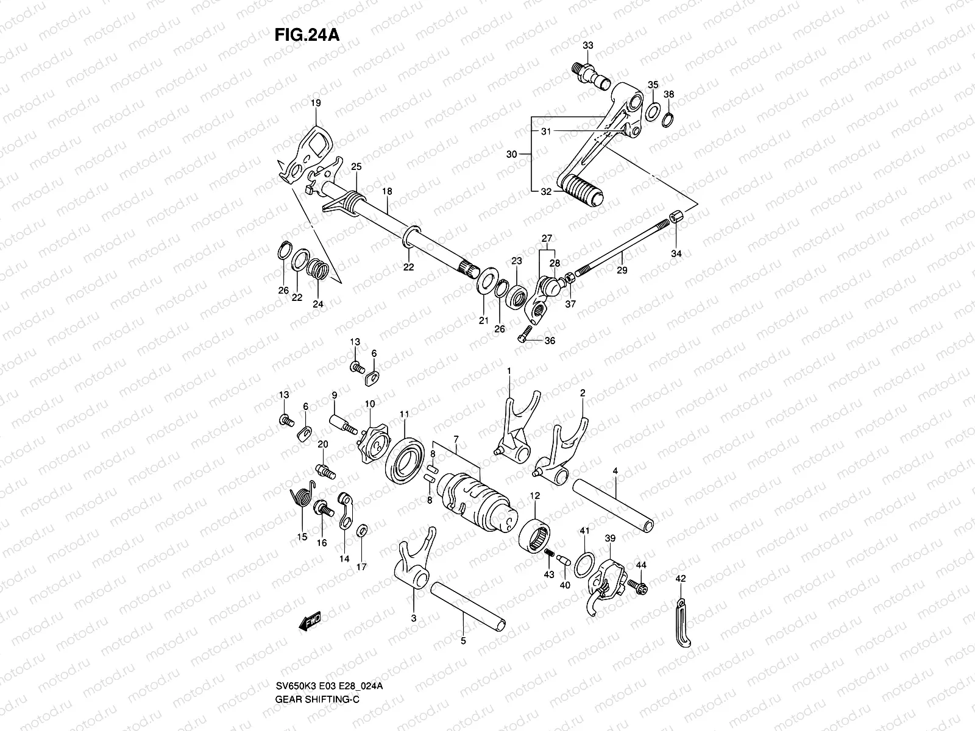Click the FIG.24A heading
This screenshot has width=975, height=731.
(306, 34)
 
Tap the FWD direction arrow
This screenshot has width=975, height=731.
(310, 621)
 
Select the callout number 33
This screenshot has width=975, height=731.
(587, 46)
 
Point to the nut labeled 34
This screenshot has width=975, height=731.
(676, 218)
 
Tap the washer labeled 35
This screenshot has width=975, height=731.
(653, 111)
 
